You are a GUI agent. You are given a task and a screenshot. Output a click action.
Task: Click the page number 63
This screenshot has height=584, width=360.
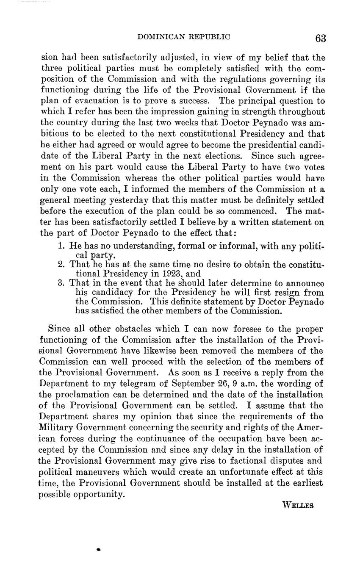pyautogui.click(x=321, y=39)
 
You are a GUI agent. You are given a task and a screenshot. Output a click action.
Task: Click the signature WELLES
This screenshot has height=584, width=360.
pyautogui.click(x=297, y=505)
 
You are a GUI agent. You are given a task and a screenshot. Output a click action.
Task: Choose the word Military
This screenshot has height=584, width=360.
pyautogui.click(x=56, y=428)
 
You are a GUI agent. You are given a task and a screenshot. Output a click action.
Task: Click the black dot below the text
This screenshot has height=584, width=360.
pyautogui.click(x=98, y=549)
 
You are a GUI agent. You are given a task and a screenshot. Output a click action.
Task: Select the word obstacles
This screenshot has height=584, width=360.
pyautogui.click(x=140, y=329)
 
